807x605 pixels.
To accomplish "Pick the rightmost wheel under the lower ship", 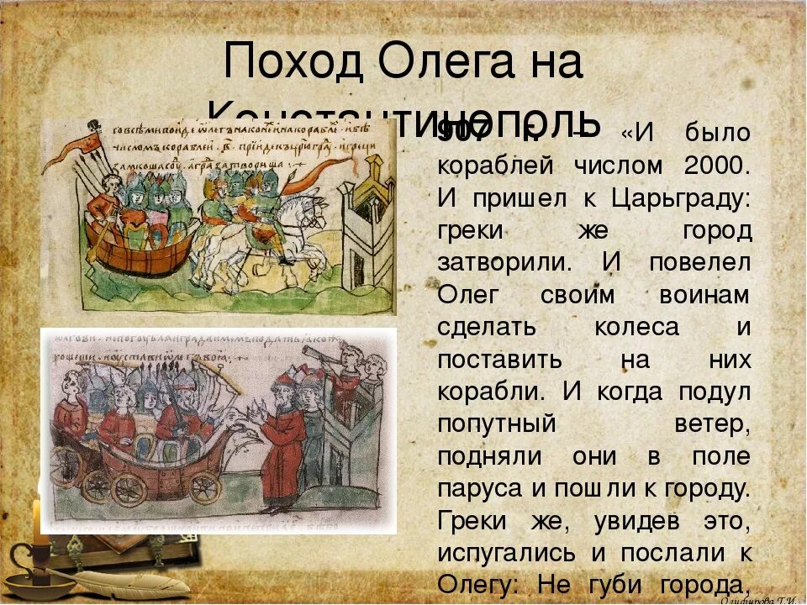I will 204,487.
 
